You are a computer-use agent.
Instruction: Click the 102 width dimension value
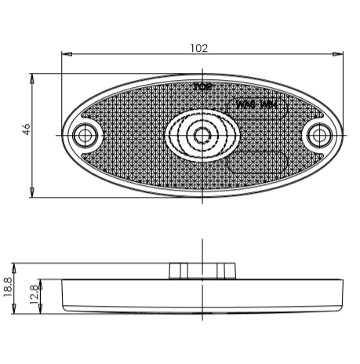click(199, 47)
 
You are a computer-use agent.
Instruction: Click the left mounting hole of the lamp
click(83, 136)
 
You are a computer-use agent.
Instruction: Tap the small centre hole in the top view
click(202, 135)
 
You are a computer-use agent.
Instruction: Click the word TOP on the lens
click(202, 86)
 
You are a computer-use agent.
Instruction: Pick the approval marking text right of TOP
click(256, 104)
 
